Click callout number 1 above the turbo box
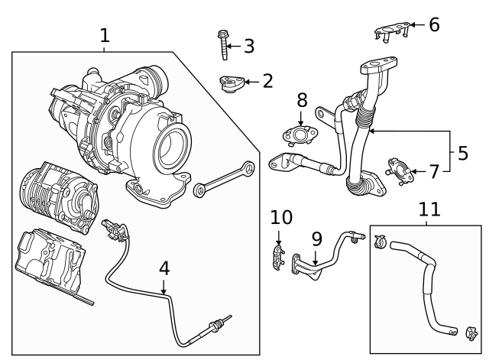[105, 34]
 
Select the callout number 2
[267, 81]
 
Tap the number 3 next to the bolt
[248, 47]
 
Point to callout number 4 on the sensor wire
[164, 268]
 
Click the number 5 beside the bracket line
[462, 153]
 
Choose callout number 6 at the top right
[433, 24]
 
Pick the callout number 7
[433, 171]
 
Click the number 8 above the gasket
[302, 99]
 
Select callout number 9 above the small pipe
[316, 239]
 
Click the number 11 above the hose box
[429, 209]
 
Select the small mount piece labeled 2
[228, 82]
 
